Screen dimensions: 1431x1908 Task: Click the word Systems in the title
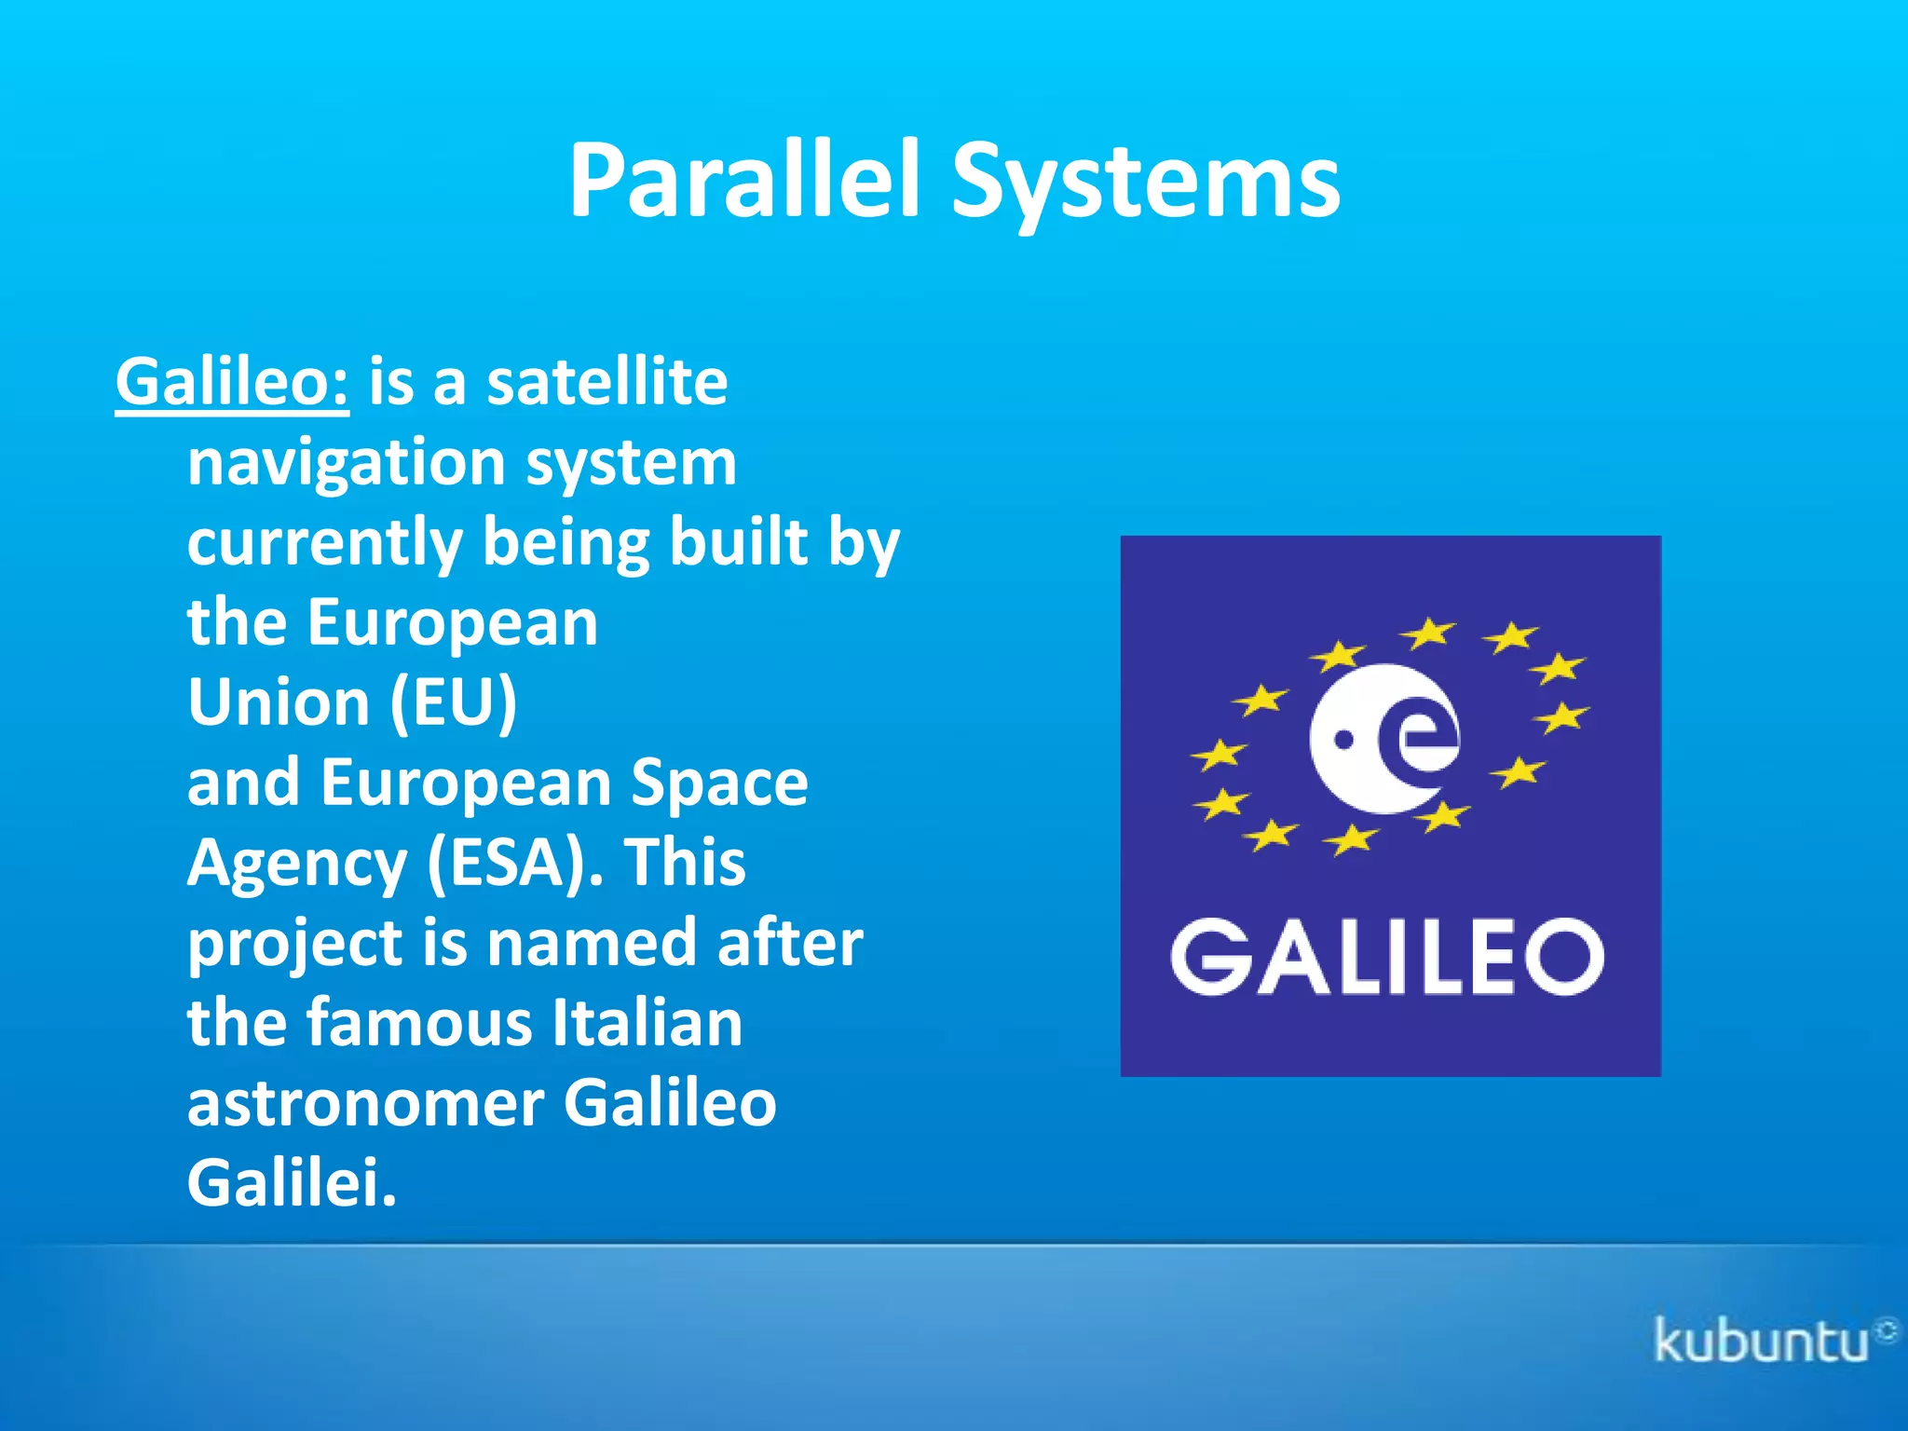[1145, 182]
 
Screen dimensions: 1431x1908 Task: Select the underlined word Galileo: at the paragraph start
[232, 382]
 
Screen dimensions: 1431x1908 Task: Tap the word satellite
[606, 382]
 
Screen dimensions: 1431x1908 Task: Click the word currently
[324, 543]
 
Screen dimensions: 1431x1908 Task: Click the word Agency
[297, 864]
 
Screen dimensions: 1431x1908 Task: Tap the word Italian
[647, 1023]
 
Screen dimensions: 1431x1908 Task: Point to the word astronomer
[366, 1103]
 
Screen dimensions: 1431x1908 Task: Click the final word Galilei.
[292, 1183]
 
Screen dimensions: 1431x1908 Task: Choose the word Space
[718, 783]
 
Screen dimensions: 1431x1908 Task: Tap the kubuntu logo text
[1762, 1342]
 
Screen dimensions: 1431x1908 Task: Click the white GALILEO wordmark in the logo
[1388, 957]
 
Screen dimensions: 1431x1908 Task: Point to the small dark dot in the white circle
[1344, 740]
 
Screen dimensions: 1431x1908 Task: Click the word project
[294, 944]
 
